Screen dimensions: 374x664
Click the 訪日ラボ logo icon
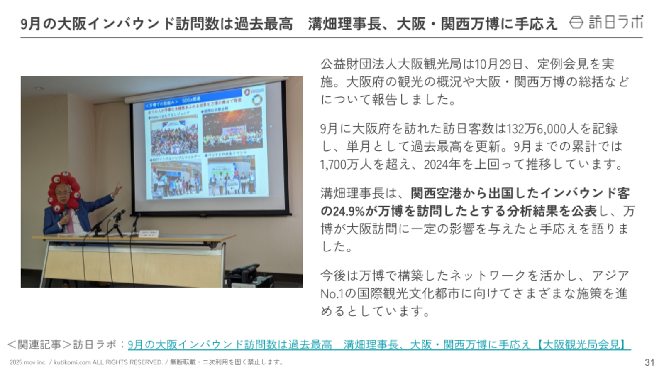tap(576, 22)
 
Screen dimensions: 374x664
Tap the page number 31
tap(649, 362)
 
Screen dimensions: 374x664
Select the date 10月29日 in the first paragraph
tap(498, 64)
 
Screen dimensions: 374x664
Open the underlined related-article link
tap(378, 344)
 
